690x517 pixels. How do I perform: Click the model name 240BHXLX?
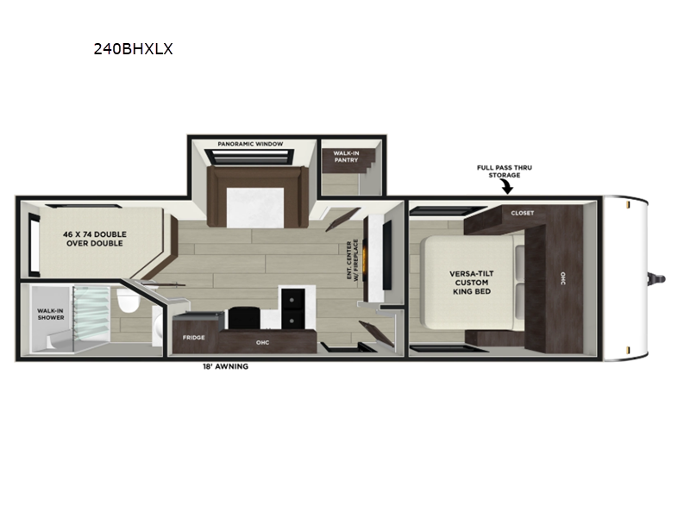point(133,48)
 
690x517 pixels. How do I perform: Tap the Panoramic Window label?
point(250,144)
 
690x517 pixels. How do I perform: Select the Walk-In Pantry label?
point(346,157)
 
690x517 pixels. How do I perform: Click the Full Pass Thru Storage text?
point(505,171)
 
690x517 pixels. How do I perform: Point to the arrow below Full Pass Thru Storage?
point(508,187)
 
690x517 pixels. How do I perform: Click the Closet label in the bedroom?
point(523,213)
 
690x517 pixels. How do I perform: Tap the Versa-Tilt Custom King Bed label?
point(472,283)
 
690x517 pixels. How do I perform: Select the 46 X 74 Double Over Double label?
point(95,239)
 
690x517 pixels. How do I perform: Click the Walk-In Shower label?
point(51,314)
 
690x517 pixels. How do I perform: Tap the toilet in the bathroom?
point(128,299)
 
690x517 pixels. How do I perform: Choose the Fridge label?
point(193,337)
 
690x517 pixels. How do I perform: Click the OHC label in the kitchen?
point(263,342)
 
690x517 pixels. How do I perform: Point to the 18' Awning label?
point(225,366)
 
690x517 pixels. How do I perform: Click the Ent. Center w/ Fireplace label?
point(353,259)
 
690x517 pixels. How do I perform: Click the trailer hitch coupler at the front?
point(658,278)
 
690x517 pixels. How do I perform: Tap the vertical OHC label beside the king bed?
point(563,277)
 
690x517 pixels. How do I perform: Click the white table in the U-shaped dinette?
point(255,207)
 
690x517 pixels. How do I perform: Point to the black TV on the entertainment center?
point(386,255)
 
